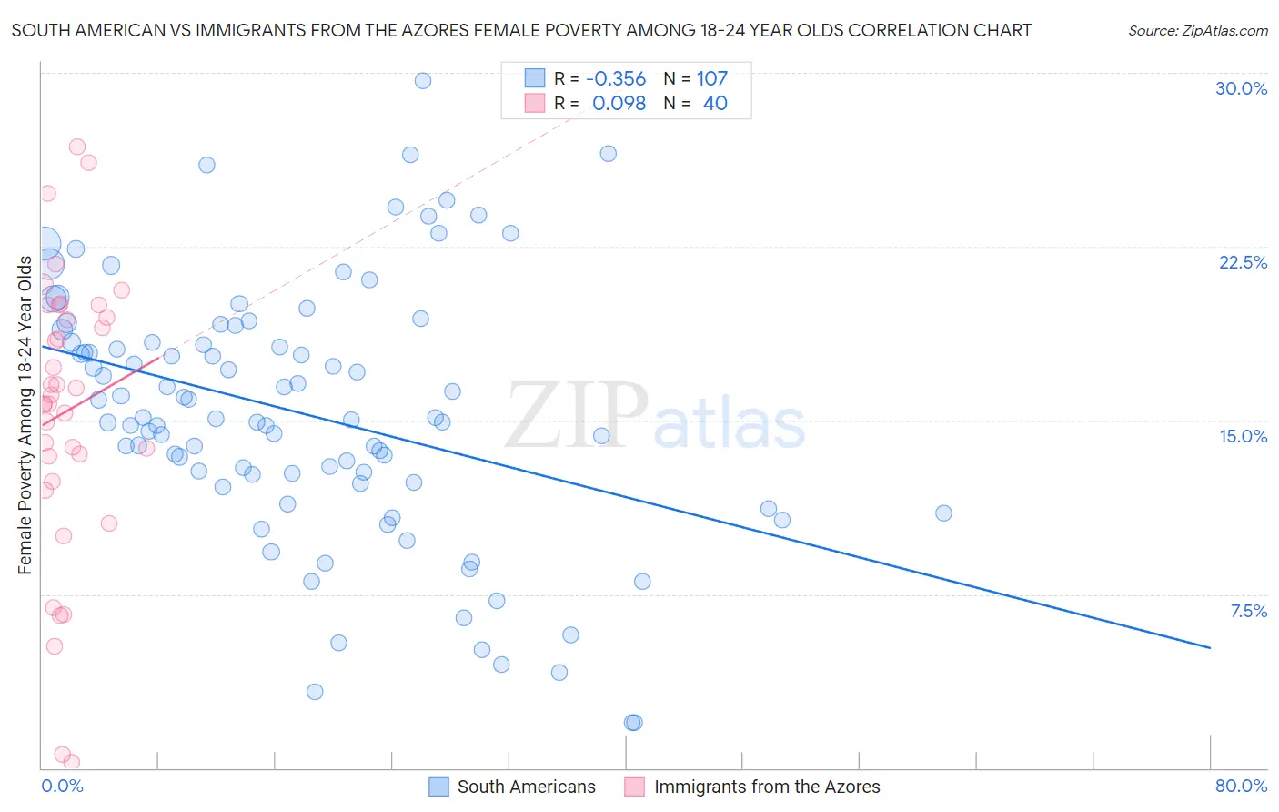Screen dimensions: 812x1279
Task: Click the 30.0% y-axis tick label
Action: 1241,88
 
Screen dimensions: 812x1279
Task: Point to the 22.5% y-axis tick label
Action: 1243,262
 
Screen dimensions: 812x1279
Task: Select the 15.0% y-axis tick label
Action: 1243,436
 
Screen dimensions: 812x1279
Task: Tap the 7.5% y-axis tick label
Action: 1248,611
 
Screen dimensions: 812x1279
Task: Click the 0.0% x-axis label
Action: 62,786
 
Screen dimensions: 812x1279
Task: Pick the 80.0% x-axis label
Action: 1241,786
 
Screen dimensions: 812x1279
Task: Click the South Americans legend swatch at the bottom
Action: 438,787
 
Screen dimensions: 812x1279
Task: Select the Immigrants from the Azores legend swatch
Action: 635,787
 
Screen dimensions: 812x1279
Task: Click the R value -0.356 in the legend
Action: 616,79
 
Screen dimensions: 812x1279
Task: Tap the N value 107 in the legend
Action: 712,79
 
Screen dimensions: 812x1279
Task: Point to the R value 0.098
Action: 619,104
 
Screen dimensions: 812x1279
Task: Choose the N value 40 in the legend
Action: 715,104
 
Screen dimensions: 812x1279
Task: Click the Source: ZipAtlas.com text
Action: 1197,31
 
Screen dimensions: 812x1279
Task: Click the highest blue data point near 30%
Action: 422,81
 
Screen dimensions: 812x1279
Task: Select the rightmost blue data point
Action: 943,513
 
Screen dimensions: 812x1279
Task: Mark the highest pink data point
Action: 77,147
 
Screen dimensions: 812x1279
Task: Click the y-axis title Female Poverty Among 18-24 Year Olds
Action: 25,415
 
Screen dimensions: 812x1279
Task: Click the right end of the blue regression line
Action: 1210,647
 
